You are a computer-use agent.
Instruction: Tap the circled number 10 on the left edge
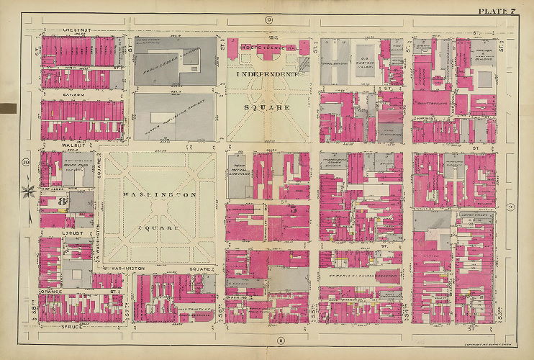tap(26, 162)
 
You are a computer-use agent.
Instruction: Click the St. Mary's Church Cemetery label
tap(360, 275)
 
